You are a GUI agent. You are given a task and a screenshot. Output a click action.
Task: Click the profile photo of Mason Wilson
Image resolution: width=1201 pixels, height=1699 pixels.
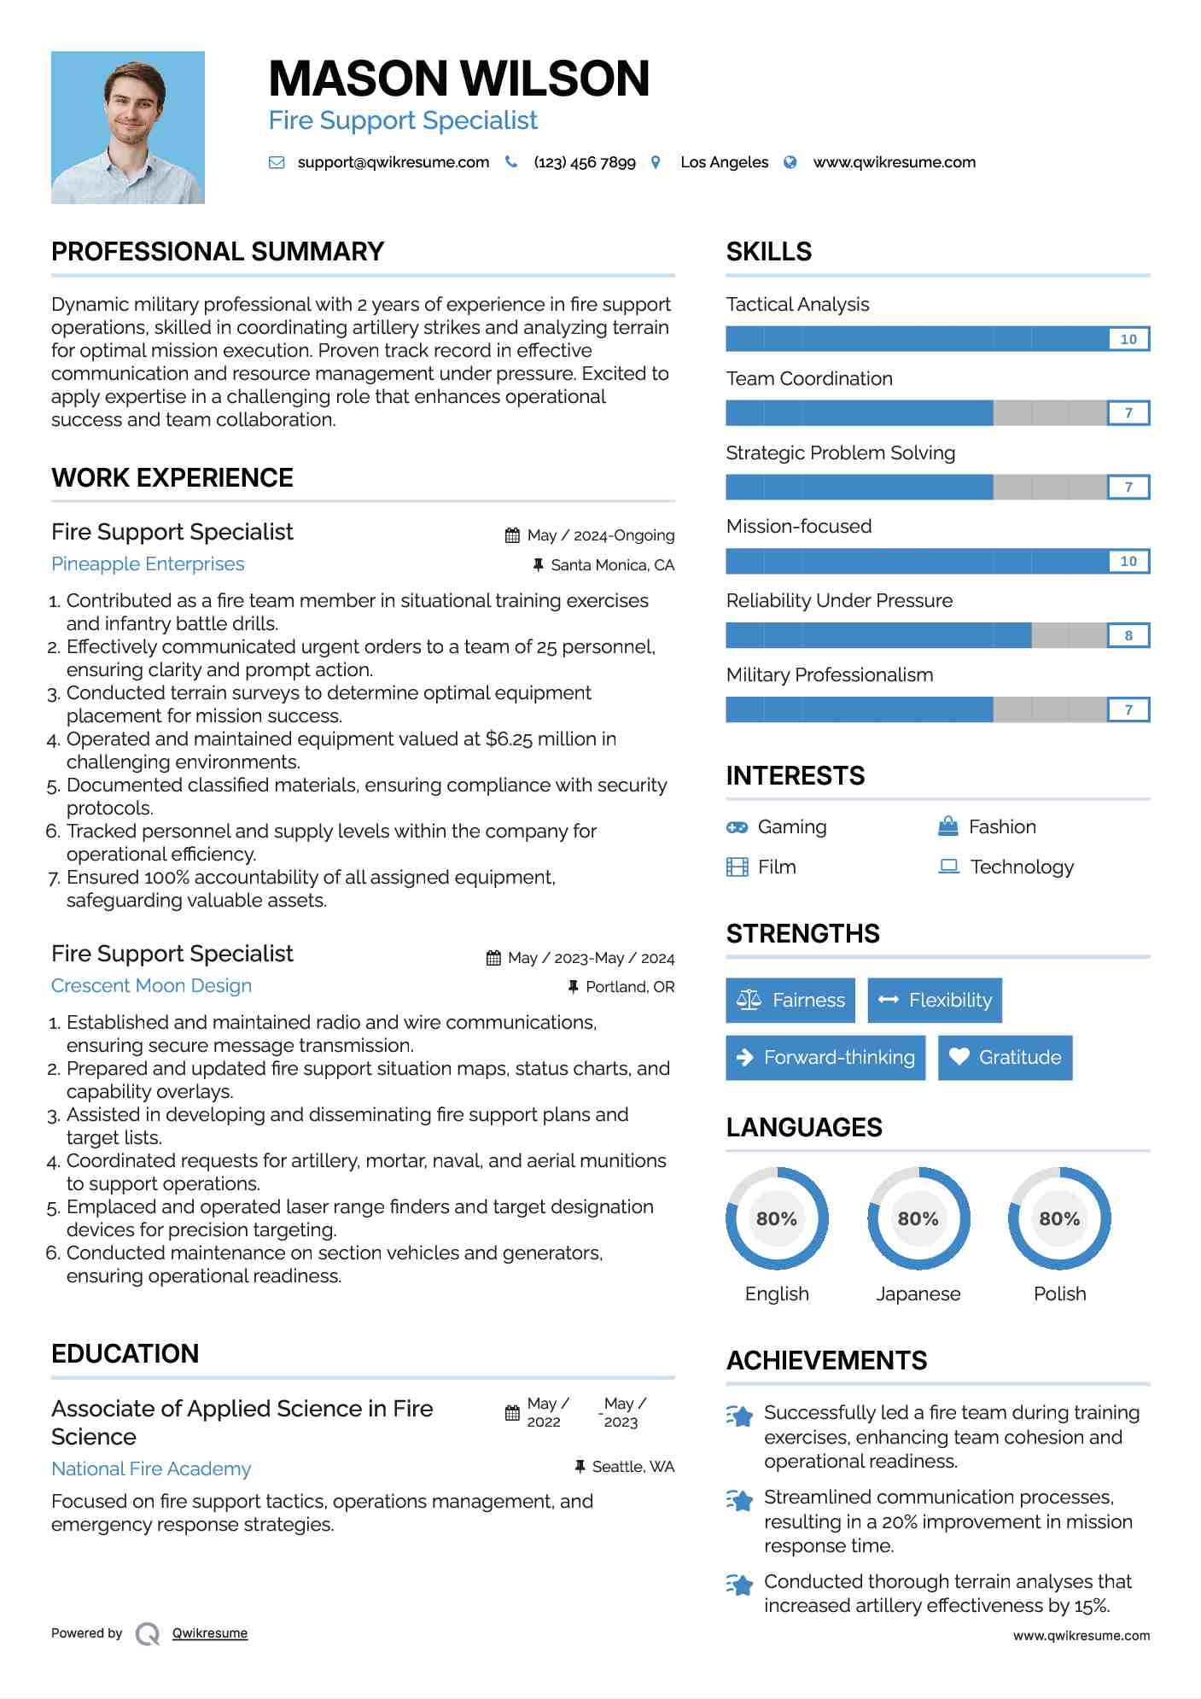pos(128,127)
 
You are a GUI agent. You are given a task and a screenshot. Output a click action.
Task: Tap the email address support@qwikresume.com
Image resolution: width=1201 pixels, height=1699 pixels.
pos(393,162)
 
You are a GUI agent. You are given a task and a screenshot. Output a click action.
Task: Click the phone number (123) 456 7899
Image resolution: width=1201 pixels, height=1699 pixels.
pos(585,162)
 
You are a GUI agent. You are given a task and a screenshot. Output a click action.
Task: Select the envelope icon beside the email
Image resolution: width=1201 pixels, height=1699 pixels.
pos(277,162)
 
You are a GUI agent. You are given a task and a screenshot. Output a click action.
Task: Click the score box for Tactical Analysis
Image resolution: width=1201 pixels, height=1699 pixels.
pos(1128,339)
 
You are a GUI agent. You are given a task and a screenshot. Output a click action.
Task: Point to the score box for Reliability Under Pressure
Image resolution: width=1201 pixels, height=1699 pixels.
pos(1128,635)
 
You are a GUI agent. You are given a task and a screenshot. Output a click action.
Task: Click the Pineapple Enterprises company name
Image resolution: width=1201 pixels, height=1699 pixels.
pos(148,564)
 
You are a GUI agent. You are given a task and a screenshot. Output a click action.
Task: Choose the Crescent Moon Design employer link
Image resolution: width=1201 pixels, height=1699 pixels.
pos(151,986)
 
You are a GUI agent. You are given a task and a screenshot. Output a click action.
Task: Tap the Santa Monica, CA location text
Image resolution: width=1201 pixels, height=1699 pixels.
pos(612,565)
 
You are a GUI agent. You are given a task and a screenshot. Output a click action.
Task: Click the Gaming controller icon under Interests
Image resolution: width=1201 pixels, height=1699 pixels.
pos(737,827)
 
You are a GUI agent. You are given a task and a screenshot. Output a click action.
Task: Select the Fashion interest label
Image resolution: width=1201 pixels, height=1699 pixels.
pos(1002,827)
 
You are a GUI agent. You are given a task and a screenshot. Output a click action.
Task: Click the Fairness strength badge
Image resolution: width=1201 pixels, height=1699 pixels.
pos(790,1000)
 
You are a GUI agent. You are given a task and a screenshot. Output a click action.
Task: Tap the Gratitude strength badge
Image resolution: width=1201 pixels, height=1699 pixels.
pos(1005,1057)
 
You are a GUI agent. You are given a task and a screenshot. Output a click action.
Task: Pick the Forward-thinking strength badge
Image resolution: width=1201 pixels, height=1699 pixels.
pos(825,1057)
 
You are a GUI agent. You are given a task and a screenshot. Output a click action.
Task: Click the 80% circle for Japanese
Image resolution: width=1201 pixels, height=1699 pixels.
pos(918,1218)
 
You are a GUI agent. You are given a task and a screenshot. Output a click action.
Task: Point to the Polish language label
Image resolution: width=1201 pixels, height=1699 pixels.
pos(1059,1293)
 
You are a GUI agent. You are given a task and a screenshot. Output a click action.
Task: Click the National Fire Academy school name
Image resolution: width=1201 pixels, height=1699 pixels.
pos(151,1469)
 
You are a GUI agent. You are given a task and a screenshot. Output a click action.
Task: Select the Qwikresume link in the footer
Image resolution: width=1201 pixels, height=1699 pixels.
pos(210,1633)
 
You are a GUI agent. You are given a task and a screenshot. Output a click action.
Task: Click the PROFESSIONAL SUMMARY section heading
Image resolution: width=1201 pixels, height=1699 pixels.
pos(218,252)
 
